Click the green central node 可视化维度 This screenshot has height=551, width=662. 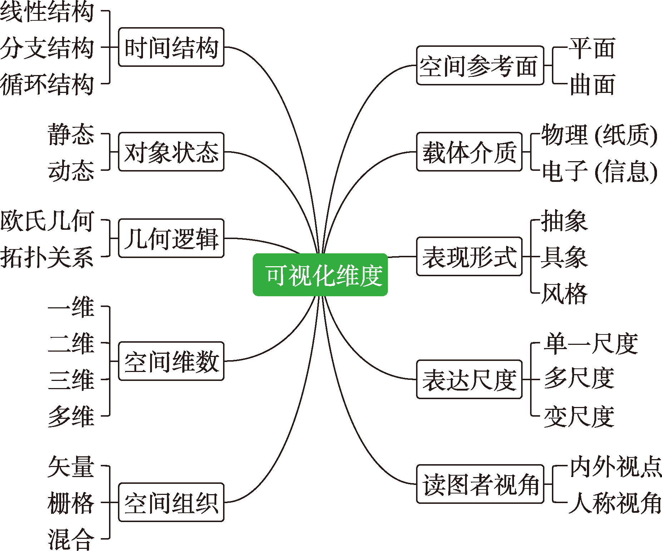click(x=320, y=275)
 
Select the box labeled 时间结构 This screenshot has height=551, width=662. click(x=171, y=47)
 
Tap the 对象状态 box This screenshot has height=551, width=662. click(x=171, y=152)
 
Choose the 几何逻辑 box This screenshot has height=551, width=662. click(x=171, y=238)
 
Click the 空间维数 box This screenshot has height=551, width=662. click(x=171, y=361)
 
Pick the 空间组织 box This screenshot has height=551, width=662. click(x=171, y=502)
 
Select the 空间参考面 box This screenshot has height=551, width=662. click(x=480, y=65)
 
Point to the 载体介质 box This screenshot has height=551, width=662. click(x=469, y=152)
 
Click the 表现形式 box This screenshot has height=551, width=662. click(x=469, y=257)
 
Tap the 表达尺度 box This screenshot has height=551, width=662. click(x=469, y=379)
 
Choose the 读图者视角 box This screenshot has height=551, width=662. click(x=480, y=484)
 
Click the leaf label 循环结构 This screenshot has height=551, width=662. click(x=47, y=84)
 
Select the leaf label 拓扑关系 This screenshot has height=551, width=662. click(x=47, y=257)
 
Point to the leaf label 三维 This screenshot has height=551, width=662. click(x=71, y=379)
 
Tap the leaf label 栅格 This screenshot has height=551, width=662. click(x=71, y=502)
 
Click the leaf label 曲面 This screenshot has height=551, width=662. click(x=592, y=84)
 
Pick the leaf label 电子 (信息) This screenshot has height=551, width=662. click(x=599, y=171)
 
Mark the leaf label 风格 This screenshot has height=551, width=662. click(x=564, y=293)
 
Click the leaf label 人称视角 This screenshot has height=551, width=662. click(x=615, y=502)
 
